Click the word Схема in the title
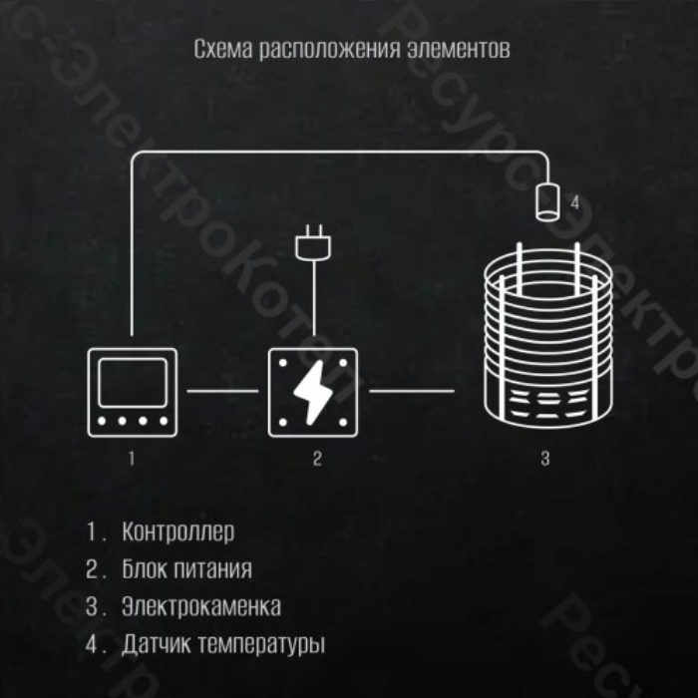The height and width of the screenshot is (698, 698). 223,49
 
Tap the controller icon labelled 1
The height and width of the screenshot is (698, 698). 133,392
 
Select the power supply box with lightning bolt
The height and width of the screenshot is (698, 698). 313,392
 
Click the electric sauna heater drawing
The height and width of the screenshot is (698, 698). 548,336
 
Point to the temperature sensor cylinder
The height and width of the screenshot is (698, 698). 547,202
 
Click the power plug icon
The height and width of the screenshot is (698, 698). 313,243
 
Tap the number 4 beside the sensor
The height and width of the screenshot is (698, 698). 575,203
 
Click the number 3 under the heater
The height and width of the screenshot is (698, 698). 545,458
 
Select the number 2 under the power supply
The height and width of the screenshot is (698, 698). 317,458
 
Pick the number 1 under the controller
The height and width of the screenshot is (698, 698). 132,458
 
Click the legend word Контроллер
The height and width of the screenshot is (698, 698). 178,531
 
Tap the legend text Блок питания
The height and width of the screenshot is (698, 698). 187,569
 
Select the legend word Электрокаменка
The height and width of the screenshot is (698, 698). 201,606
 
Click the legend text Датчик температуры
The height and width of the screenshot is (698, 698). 223,644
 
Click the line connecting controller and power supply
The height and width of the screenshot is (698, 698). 222,391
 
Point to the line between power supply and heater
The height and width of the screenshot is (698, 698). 412,391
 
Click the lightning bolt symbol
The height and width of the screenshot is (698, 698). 313,392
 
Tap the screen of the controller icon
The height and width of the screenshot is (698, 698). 133,383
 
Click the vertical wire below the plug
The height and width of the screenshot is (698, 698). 314,298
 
